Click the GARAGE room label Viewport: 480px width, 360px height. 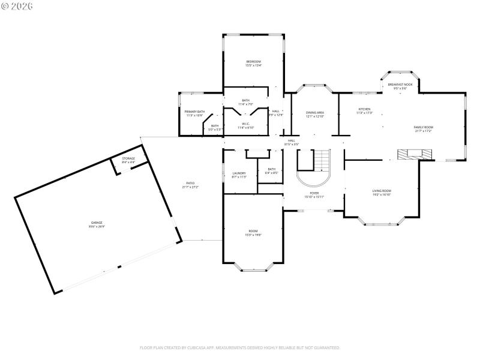click(97, 224)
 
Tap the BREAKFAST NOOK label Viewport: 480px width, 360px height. click(400, 86)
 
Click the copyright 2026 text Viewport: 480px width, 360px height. click(17, 6)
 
